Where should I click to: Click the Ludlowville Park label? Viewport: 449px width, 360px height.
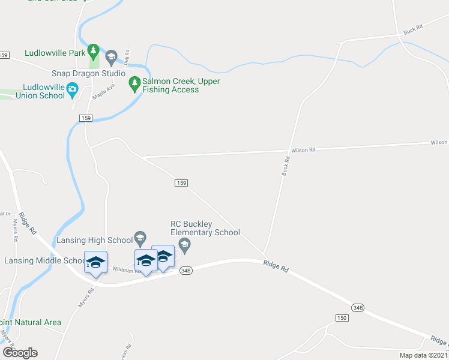coord(55,53)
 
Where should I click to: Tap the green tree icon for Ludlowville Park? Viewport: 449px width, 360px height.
coord(93,49)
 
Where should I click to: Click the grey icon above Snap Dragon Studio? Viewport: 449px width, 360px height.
coord(110,58)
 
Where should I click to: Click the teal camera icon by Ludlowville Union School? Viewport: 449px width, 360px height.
coord(73,90)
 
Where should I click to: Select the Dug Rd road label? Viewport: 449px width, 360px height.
coord(127,56)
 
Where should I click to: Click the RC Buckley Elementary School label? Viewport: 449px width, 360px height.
coord(205,228)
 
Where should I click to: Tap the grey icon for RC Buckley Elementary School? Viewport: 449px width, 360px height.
coord(185,244)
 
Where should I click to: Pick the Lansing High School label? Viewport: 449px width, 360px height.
coord(94,240)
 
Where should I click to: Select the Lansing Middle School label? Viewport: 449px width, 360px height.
coord(45,260)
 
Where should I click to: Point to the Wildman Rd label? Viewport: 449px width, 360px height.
coord(129,271)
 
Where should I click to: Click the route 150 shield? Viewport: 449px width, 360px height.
coord(342,317)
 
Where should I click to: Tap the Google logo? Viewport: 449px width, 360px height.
coord(20,353)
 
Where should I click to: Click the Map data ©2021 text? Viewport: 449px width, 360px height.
coord(424,355)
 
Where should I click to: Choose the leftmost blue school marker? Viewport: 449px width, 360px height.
coord(95,263)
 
